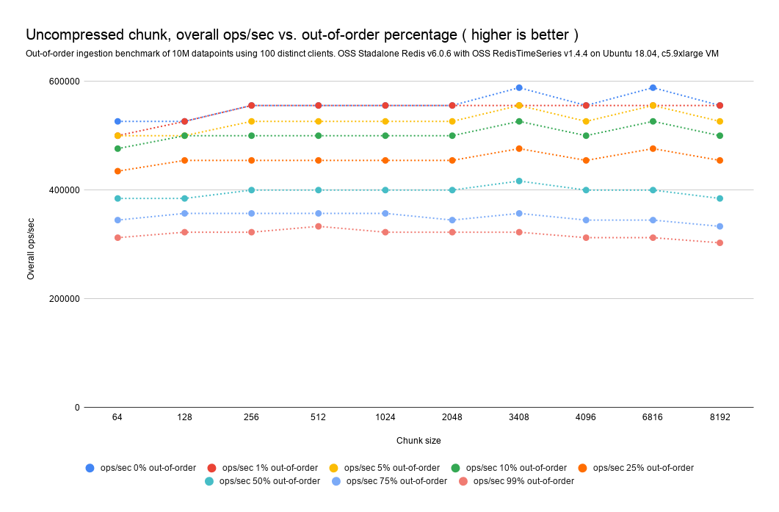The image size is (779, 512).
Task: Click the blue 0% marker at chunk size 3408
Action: tap(519, 88)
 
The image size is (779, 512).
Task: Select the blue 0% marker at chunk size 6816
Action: tap(653, 88)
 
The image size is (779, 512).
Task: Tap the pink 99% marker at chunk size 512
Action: tap(319, 226)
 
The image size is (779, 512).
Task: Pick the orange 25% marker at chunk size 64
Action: tap(117, 171)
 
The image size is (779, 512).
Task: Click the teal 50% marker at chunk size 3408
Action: tap(519, 181)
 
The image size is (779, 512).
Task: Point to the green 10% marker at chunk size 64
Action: tap(117, 148)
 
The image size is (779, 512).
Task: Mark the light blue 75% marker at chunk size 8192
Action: tap(720, 226)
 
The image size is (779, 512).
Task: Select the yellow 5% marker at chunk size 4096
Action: tap(586, 121)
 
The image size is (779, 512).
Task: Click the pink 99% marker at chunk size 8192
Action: tap(720, 242)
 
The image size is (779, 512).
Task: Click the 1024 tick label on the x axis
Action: tap(385, 417)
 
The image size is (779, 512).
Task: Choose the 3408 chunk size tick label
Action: tap(519, 417)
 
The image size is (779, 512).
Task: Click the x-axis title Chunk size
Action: tap(419, 440)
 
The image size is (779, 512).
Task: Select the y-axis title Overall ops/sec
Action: tap(31, 248)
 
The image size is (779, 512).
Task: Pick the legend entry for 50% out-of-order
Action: tap(269, 481)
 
